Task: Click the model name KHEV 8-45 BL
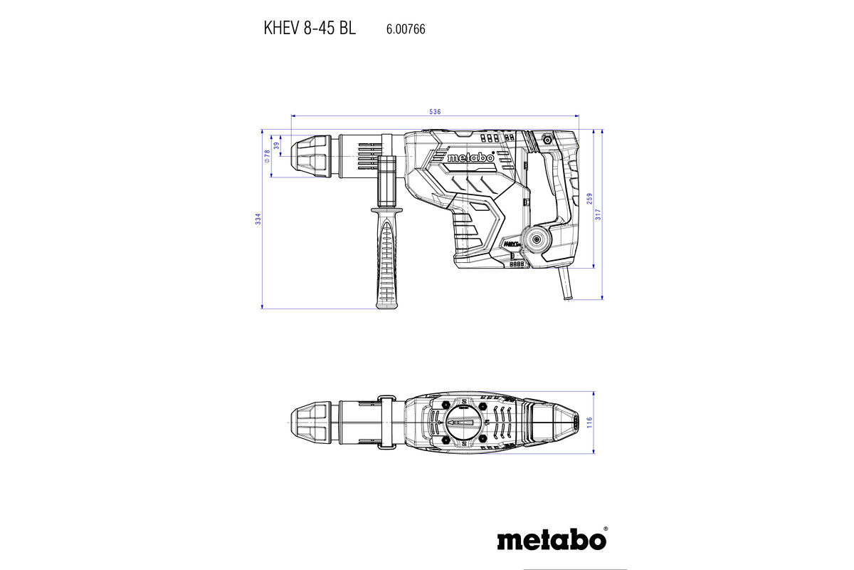(x=309, y=29)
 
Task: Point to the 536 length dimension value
(x=436, y=112)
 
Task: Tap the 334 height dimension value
(x=258, y=219)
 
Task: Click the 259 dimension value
(x=589, y=199)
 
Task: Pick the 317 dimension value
(x=599, y=213)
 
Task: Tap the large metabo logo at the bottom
(x=552, y=539)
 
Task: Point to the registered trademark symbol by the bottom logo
(x=605, y=529)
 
